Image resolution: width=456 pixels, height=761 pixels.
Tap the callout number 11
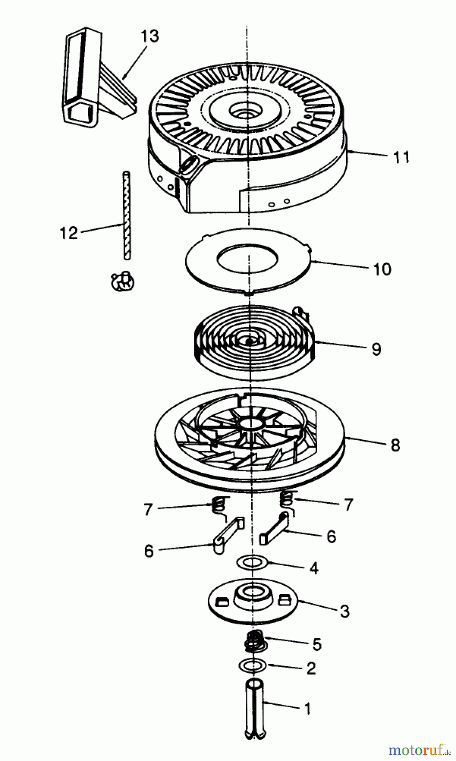(401, 157)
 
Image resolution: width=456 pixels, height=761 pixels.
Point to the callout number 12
(69, 233)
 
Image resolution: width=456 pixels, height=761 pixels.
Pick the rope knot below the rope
(121, 280)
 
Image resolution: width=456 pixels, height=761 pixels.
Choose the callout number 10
(382, 269)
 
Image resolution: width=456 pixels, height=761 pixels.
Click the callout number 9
(376, 349)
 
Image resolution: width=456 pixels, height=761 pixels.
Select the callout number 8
(395, 445)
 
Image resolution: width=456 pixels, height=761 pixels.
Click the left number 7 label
(148, 509)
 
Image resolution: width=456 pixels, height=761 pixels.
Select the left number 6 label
(148, 551)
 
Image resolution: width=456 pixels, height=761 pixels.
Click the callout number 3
(345, 611)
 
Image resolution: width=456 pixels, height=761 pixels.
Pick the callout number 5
(317, 644)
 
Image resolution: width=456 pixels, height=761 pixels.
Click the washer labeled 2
(253, 665)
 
